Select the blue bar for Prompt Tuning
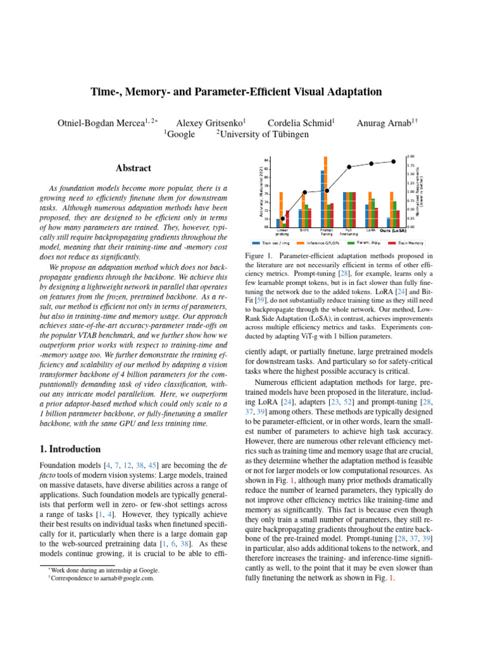(322, 198)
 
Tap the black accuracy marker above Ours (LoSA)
(393, 162)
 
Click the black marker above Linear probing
(283, 219)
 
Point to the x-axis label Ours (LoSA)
(393, 231)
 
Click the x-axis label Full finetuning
(349, 233)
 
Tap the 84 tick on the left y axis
(266, 160)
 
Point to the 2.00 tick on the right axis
(411, 156)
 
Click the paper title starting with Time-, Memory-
(242, 92)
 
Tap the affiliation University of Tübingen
(262, 134)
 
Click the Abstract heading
(134, 168)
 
